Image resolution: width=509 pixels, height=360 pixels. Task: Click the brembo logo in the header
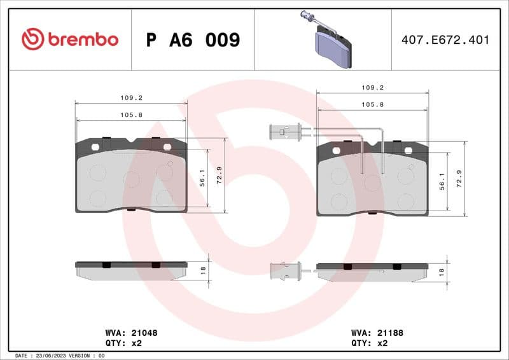click(70, 39)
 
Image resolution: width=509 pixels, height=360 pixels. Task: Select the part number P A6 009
click(193, 40)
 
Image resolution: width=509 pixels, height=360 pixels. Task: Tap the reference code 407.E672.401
click(445, 40)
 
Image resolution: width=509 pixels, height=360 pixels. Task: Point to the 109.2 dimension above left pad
click(131, 98)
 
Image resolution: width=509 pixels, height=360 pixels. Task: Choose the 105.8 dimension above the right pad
click(372, 104)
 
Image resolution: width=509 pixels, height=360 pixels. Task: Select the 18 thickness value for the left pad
click(203, 270)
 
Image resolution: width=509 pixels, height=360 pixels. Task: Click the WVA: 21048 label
click(131, 333)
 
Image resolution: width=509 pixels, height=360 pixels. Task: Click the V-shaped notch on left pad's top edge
click(131, 140)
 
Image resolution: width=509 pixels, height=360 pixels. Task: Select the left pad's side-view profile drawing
click(131, 270)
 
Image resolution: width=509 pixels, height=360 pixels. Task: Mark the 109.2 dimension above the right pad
click(372, 88)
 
